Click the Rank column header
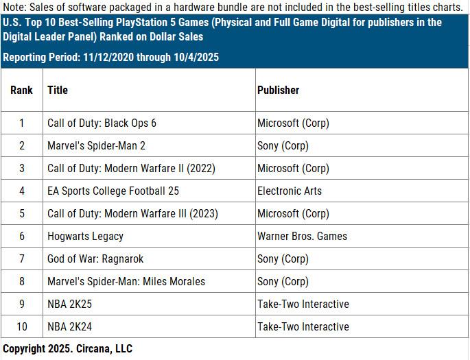click(22, 90)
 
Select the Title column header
click(58, 90)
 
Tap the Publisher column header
click(278, 90)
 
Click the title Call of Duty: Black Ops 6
click(102, 123)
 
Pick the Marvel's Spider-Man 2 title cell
click(96, 146)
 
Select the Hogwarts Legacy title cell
click(85, 237)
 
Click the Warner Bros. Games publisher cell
click(302, 237)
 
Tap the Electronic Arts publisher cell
click(289, 191)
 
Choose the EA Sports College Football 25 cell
click(113, 191)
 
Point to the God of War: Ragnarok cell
click(95, 259)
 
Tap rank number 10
click(22, 327)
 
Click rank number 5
click(22, 214)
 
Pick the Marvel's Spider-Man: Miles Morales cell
click(126, 282)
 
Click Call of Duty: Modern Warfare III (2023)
click(132, 214)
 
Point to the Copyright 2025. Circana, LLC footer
click(67, 349)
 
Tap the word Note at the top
click(14, 8)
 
